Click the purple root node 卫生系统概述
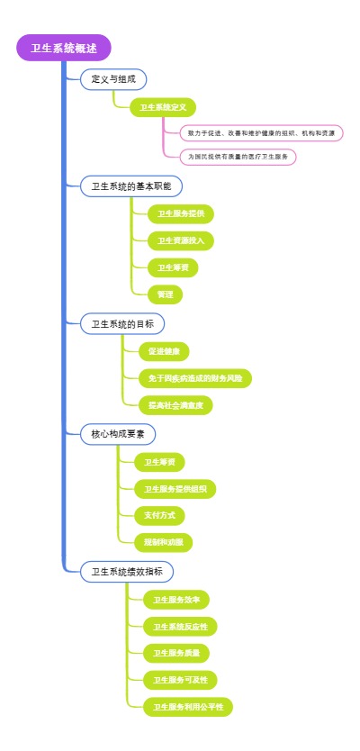(63, 49)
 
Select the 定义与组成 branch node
(113, 80)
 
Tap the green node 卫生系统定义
(162, 108)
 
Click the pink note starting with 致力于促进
(260, 133)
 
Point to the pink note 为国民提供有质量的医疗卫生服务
(238, 157)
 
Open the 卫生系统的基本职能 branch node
(131, 186)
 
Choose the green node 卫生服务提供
(180, 214)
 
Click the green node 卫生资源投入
(180, 240)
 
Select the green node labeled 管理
(166, 294)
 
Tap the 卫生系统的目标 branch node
(122, 324)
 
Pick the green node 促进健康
(163, 351)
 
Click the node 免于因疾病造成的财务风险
(195, 378)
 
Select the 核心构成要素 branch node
(118, 434)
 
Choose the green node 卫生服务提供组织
(175, 489)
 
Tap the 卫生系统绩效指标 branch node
(127, 572)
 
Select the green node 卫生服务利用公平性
(187, 706)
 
